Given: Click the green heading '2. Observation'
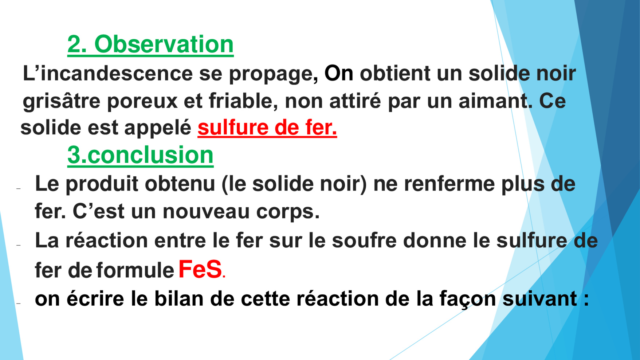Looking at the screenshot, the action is click(x=150, y=44).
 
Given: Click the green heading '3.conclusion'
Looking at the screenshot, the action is click(x=140, y=155).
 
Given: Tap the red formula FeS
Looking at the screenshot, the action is click(x=200, y=269).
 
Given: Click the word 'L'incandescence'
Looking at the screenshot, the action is click(x=107, y=73).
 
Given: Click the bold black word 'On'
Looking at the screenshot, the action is click(x=339, y=73).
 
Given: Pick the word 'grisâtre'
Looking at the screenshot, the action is click(x=61, y=101).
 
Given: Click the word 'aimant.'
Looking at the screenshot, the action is click(x=495, y=101).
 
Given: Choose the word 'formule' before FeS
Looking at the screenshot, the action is click(x=135, y=270).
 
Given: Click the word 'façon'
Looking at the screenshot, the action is click(x=468, y=300).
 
